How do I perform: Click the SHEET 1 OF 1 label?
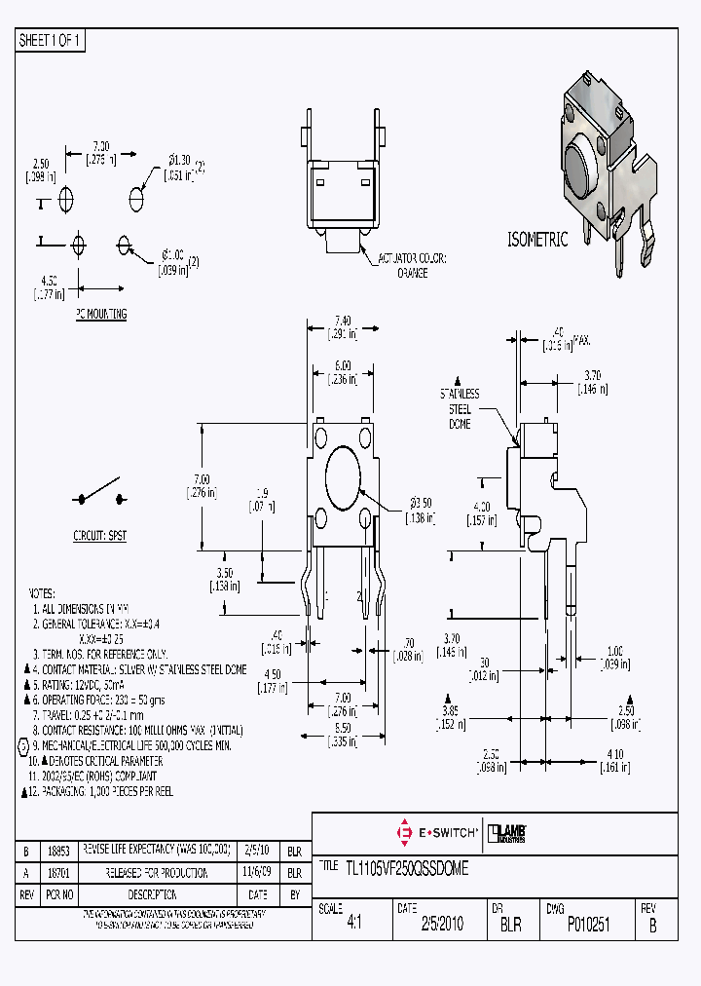51,41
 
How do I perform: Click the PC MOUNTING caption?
100,315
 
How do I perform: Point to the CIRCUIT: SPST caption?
100,536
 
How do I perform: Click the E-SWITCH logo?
435,833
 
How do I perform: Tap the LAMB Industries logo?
507,833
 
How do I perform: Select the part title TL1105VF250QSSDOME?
407,869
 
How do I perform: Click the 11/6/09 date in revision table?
258,872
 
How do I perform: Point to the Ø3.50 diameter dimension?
420,508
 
